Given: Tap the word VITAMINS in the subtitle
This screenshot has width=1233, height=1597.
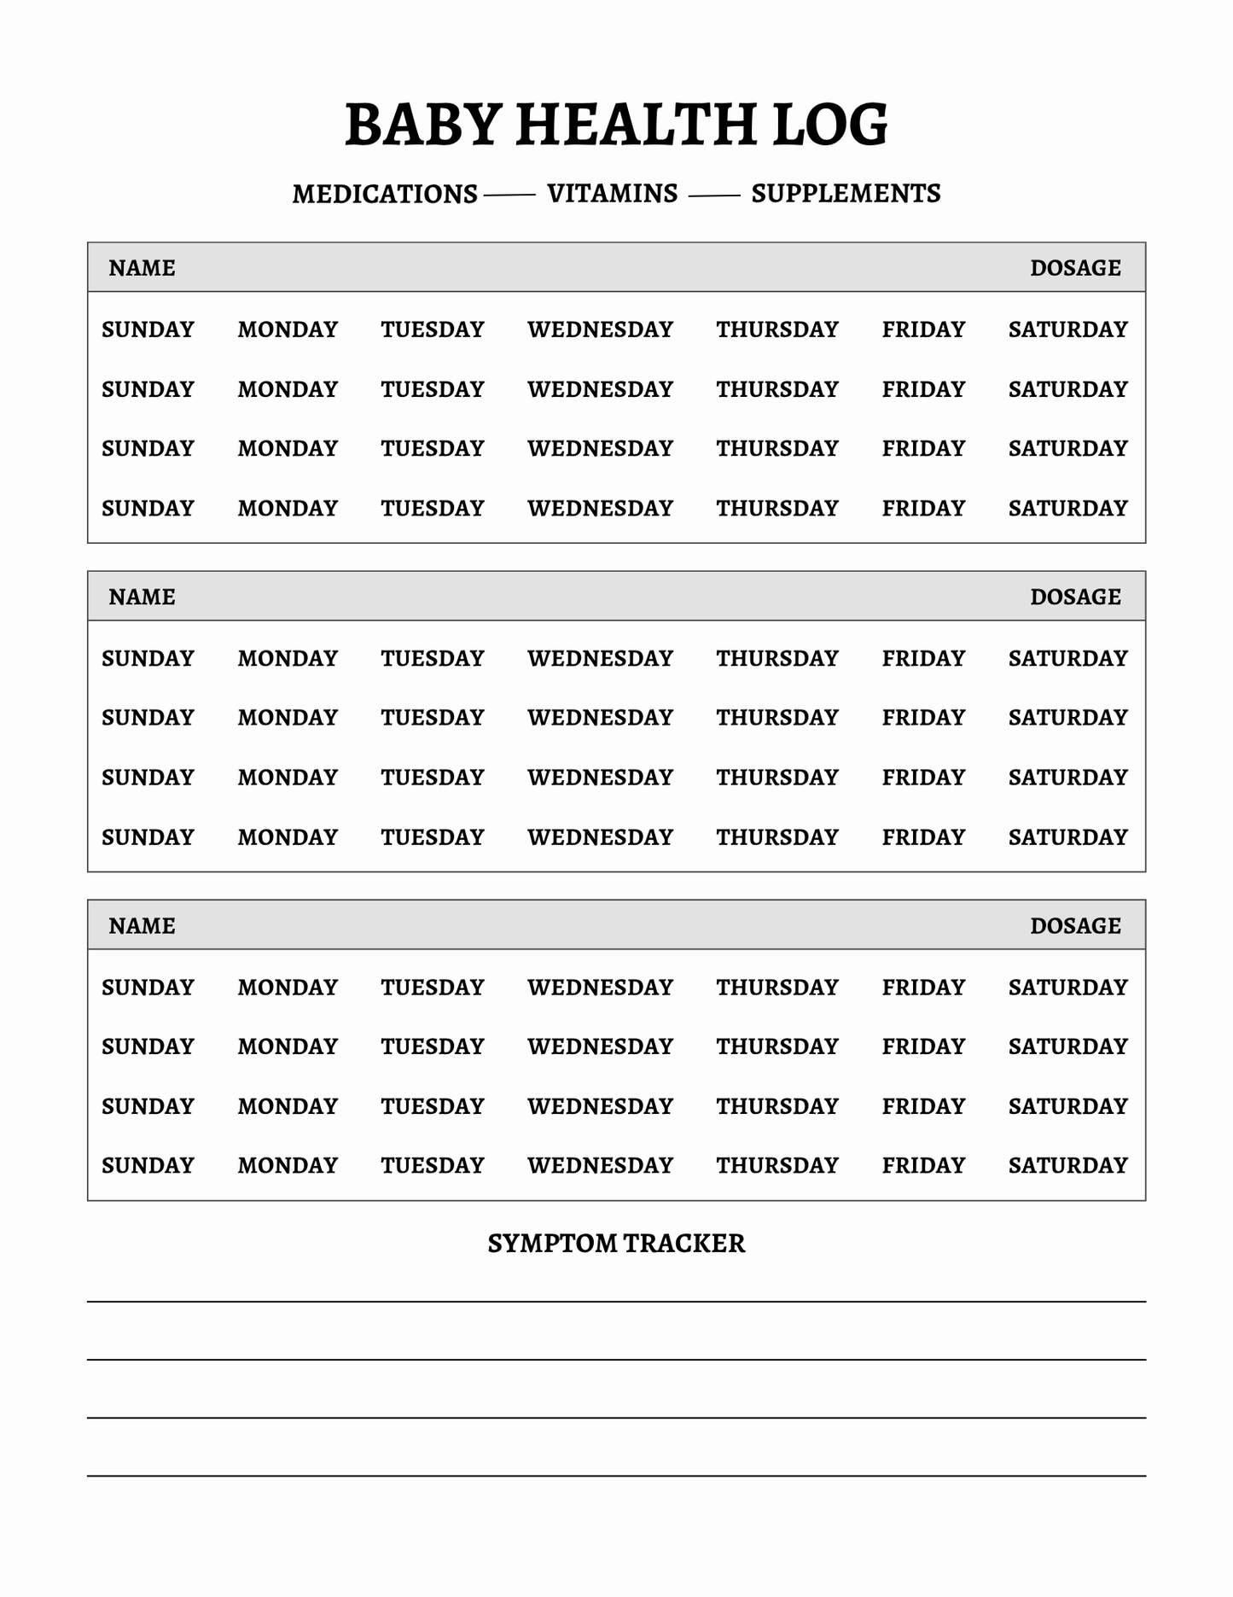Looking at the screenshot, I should [x=612, y=194].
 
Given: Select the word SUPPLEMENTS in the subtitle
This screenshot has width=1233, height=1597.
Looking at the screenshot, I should [x=846, y=194].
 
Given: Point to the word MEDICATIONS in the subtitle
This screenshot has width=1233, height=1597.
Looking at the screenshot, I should [x=385, y=195].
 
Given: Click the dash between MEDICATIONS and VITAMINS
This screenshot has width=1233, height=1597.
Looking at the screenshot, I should [x=509, y=196].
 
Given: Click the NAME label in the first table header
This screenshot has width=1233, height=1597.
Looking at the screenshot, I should [x=142, y=268].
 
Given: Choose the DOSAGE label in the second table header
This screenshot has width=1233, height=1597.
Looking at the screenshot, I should [x=1075, y=597].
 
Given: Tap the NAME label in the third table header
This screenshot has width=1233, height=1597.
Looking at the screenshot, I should [x=142, y=926].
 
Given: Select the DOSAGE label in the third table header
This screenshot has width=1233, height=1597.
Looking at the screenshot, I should [x=1075, y=926].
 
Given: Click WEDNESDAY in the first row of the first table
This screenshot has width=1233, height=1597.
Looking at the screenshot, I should [x=600, y=329].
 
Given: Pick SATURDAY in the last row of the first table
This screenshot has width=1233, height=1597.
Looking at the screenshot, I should [x=1067, y=509].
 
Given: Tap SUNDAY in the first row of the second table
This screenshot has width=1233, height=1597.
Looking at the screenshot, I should [x=148, y=659].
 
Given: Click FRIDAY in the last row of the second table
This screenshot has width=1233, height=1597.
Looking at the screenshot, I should [x=923, y=837].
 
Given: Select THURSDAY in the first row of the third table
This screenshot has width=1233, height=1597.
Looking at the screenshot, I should [x=776, y=988].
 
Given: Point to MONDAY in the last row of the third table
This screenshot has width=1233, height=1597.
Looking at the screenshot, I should [x=288, y=1166].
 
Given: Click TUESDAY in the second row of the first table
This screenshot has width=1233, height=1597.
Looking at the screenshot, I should [x=432, y=389].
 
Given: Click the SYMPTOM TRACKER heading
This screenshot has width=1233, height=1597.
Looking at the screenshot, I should [x=616, y=1244].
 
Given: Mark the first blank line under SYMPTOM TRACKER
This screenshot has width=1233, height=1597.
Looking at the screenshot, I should [x=616, y=1301].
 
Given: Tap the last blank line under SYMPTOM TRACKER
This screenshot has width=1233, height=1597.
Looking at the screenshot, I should [x=616, y=1475].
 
